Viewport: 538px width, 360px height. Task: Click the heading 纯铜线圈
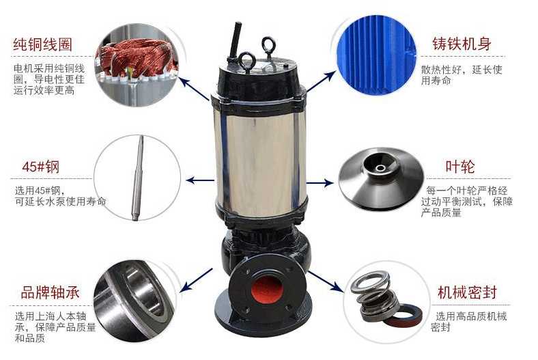click(x=42, y=44)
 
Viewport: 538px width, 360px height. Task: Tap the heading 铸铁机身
click(x=462, y=44)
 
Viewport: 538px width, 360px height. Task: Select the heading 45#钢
click(x=41, y=167)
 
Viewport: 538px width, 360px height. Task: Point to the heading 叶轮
click(x=459, y=167)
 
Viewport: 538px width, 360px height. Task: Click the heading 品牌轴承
click(x=50, y=292)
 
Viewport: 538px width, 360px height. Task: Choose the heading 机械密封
click(x=467, y=292)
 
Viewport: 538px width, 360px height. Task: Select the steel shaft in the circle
click(x=137, y=178)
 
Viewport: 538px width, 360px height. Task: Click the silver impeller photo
click(x=381, y=178)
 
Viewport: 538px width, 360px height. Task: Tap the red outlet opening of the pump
click(x=267, y=292)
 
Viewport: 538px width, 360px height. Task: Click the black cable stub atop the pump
click(x=235, y=43)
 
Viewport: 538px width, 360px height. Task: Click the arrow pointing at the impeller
click(x=320, y=182)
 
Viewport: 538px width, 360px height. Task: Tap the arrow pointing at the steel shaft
click(x=200, y=180)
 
